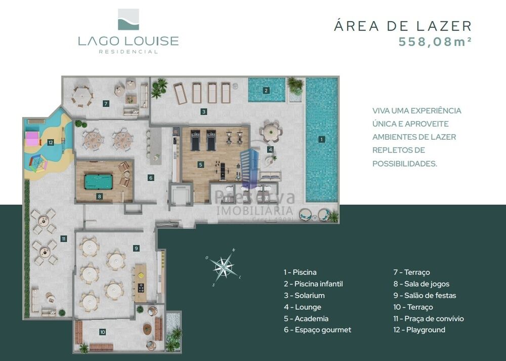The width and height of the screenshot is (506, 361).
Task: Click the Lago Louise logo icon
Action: [128, 19]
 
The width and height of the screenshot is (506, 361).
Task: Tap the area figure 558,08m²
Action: [435, 42]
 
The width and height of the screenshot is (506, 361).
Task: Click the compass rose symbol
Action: [223, 266]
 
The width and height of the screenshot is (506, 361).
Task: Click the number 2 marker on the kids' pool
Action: [266, 91]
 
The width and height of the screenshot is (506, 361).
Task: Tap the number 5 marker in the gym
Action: [201, 165]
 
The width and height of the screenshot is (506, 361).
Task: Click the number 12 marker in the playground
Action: [51, 143]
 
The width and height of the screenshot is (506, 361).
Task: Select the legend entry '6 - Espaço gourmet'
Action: [317, 330]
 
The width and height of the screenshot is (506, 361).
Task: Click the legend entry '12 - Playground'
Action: [419, 330]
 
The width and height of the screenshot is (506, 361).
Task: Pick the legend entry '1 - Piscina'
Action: [300, 272]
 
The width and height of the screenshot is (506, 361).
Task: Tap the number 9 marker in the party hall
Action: [136, 248]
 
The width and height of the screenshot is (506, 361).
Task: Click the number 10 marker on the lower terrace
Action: [103, 332]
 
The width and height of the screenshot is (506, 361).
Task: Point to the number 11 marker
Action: [63, 238]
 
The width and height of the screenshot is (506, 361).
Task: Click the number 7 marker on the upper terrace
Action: [105, 103]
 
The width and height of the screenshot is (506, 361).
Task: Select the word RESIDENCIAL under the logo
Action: [128, 52]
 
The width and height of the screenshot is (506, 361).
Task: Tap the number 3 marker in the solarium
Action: [203, 111]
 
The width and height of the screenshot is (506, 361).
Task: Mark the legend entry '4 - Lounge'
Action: [303, 307]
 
